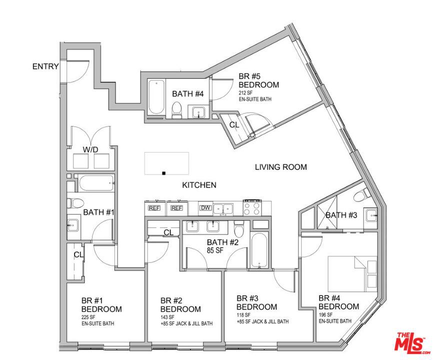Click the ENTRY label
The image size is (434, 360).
coord(45,66)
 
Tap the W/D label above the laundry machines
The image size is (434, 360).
coord(90,150)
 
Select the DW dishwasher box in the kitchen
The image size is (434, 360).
coord(205,208)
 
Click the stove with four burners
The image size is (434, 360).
coord(252,208)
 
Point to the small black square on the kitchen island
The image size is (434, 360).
coord(163,173)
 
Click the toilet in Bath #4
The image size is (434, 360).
coord(176,110)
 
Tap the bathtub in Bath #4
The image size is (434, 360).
coord(156,97)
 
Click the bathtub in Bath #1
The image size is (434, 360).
coord(96,183)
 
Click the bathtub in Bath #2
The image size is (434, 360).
coord(259,250)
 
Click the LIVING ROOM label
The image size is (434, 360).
coord(281,167)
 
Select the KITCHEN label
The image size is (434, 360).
coord(199,185)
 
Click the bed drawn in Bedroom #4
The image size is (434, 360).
coord(352,274)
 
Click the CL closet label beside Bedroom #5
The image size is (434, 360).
coord(234,125)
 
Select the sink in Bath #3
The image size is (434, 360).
coord(371,215)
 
